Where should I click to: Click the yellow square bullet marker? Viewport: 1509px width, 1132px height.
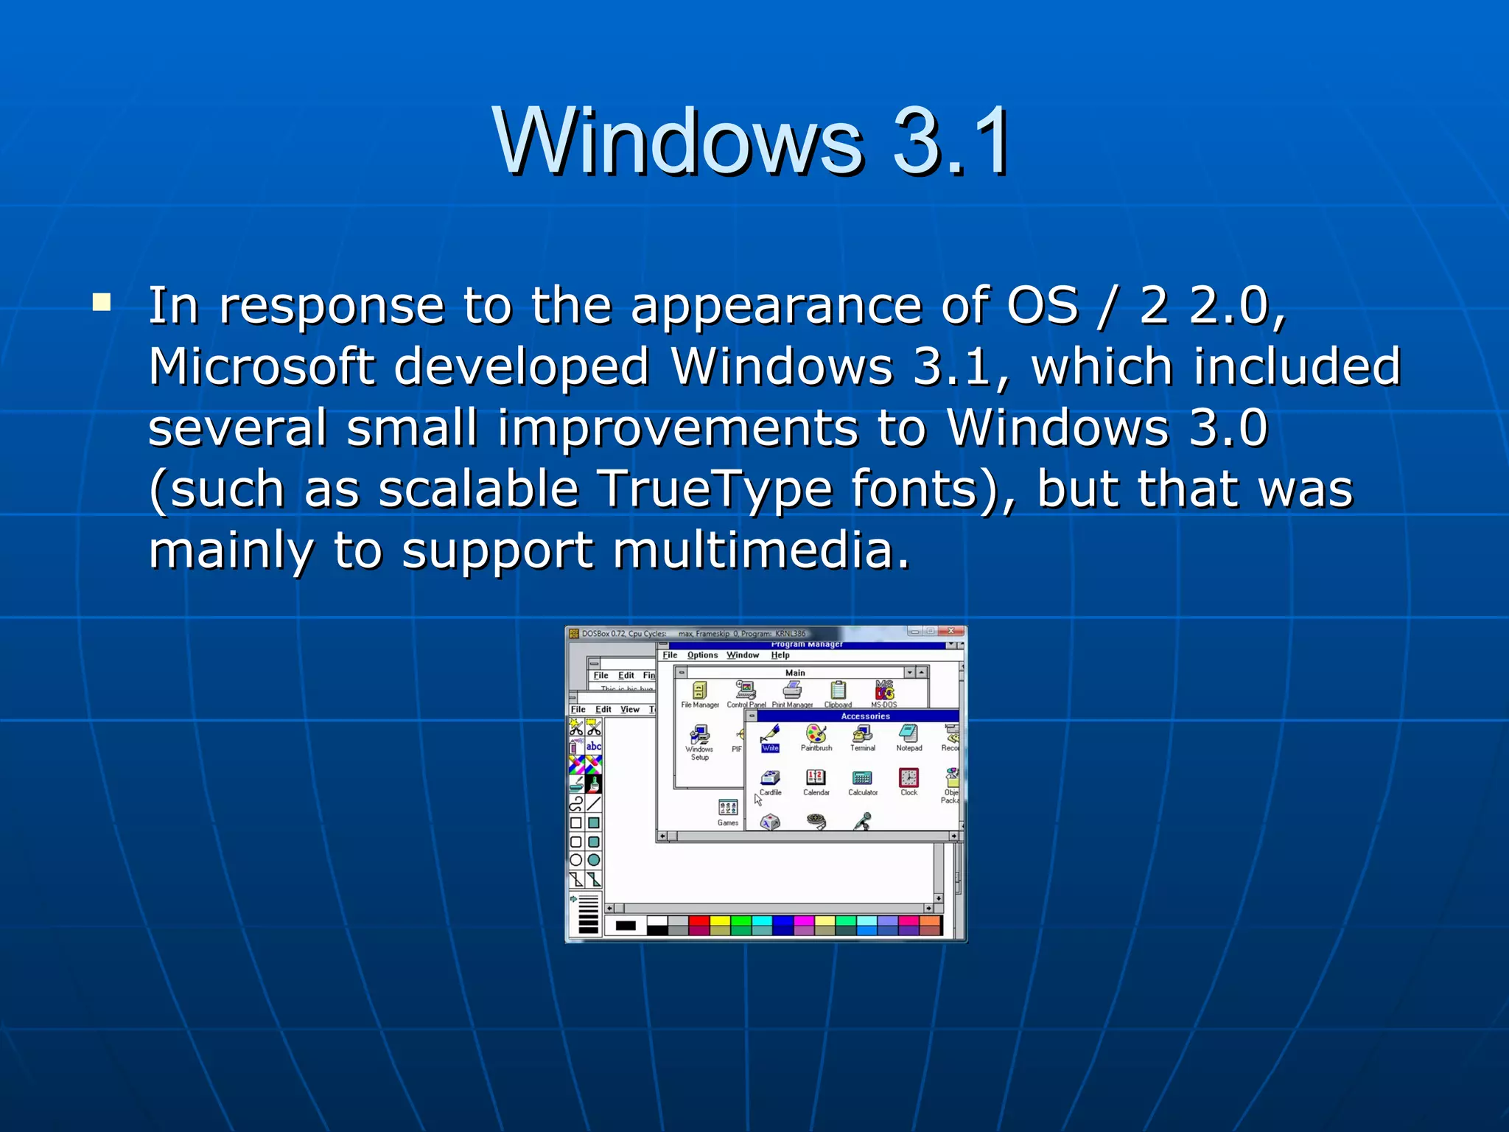(102, 303)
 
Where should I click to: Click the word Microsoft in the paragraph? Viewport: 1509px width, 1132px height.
(261, 366)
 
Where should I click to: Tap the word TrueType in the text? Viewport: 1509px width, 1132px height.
(715, 489)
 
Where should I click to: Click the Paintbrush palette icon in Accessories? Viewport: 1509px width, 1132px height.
(816, 734)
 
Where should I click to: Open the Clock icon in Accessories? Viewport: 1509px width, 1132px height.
(908, 778)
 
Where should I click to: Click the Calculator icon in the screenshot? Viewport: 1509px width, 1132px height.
(862, 778)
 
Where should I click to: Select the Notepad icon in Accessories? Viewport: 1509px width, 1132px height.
(908, 734)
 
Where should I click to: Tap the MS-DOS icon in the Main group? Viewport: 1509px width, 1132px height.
(884, 691)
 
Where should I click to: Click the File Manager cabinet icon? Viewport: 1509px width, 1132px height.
(700, 691)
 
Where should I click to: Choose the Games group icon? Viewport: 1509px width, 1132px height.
(728, 808)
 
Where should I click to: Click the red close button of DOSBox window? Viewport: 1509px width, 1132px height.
(951, 632)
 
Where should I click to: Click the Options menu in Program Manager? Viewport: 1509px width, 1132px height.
(702, 655)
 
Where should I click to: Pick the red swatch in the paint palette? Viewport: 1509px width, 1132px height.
(699, 921)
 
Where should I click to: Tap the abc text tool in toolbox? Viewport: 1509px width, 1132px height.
(594, 747)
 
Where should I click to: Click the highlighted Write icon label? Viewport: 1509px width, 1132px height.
(770, 748)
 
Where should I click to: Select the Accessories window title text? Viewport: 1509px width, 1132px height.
(865, 716)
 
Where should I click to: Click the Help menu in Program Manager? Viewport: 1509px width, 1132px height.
(780, 655)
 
